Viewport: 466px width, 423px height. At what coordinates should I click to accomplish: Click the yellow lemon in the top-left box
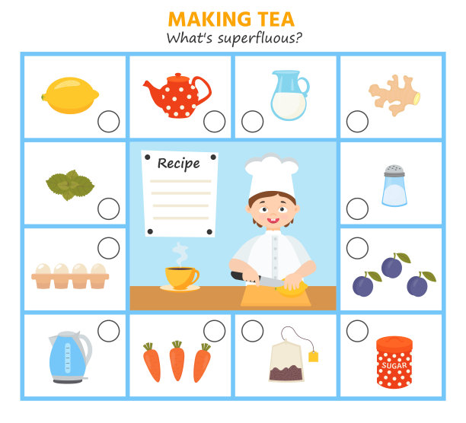(70, 95)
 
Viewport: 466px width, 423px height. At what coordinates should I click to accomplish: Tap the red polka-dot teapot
(177, 96)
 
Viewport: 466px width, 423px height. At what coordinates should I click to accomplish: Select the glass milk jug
(290, 95)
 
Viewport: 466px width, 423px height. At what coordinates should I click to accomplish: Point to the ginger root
(394, 95)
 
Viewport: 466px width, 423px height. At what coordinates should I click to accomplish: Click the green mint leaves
(70, 185)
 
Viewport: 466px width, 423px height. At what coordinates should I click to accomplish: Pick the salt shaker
(394, 186)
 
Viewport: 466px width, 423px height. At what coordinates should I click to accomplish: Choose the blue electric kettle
(70, 357)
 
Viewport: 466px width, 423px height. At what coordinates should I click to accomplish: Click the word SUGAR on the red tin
(394, 365)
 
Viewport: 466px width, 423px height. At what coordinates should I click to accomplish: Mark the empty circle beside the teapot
(214, 122)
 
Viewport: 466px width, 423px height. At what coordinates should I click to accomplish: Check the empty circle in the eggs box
(108, 248)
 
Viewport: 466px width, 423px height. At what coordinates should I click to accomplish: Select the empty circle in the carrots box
(214, 331)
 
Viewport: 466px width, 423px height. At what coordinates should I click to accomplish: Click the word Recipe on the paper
(179, 164)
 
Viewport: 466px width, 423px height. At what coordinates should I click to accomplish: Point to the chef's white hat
(272, 175)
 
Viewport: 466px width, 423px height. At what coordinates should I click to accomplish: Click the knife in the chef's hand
(257, 280)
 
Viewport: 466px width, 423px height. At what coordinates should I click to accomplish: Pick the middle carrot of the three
(177, 361)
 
